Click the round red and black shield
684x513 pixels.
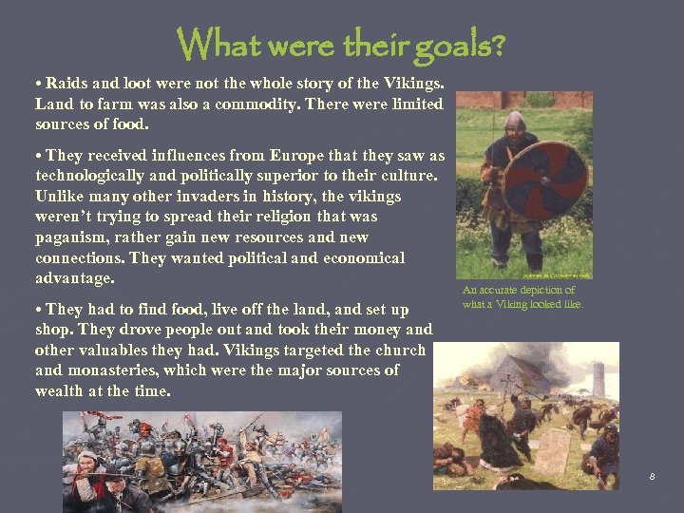(544, 180)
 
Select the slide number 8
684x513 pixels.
(652, 476)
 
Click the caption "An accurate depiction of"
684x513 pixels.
(519, 290)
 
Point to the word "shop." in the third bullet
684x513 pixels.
(55, 330)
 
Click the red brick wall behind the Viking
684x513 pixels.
(560, 100)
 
